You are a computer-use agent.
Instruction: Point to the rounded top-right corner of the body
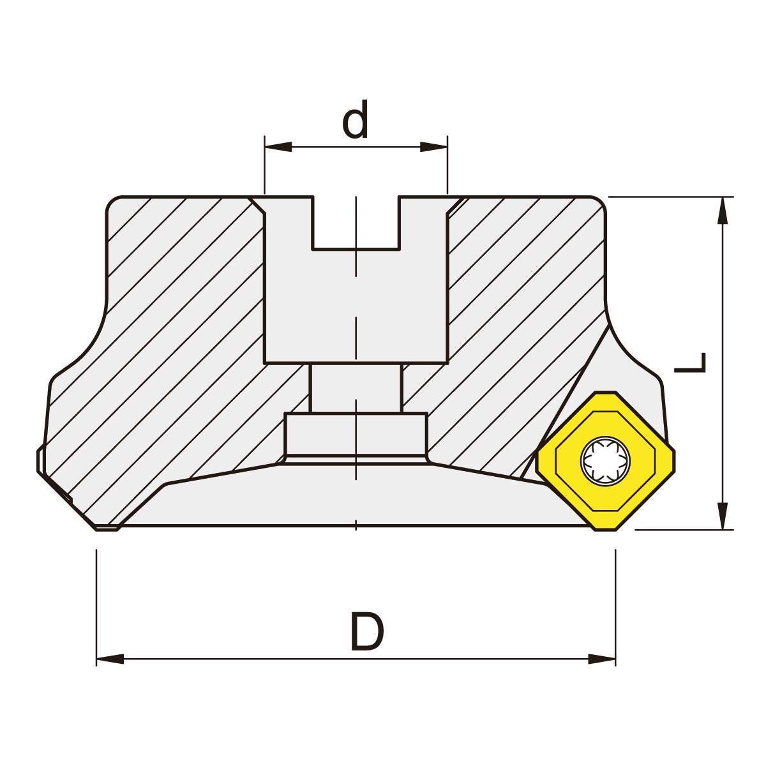click(596, 204)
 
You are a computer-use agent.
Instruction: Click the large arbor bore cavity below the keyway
click(356, 306)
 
